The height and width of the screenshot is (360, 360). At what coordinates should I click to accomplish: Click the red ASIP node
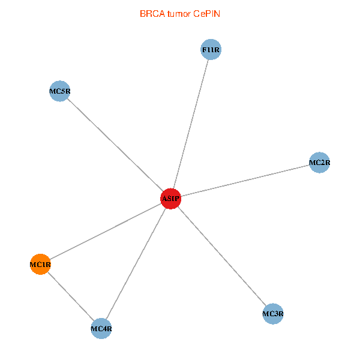point(171,199)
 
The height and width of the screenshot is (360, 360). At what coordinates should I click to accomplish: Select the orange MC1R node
point(40,264)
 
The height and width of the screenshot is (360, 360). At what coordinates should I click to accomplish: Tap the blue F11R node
point(211,49)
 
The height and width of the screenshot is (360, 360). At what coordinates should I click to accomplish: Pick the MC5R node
point(59,92)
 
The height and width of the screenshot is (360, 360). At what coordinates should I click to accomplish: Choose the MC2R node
point(320,162)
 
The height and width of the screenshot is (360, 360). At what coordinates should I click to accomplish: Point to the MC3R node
point(273,313)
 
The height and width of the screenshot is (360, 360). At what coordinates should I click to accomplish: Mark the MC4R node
point(101,328)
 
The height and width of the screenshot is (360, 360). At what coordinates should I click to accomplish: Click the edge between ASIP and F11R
point(191,124)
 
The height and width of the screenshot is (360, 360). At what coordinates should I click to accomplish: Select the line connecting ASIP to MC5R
point(115,145)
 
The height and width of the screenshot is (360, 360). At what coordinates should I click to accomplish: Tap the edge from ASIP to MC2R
point(245,180)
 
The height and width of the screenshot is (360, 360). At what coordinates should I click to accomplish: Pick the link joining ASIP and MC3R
point(222,256)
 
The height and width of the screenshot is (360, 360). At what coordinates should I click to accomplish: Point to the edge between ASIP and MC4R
point(136,263)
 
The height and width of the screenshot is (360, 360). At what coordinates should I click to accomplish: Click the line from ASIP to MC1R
point(106,231)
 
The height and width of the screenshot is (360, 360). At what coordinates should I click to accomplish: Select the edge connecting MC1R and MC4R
point(71,296)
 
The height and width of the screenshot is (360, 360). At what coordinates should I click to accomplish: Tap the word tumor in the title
point(179,13)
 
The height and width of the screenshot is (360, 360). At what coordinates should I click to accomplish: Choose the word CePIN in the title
point(206,13)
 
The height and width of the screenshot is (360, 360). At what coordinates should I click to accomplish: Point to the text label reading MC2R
point(320,162)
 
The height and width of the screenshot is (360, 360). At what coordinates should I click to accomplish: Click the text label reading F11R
point(211,49)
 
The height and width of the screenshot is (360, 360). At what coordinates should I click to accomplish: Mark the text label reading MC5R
point(59,92)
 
